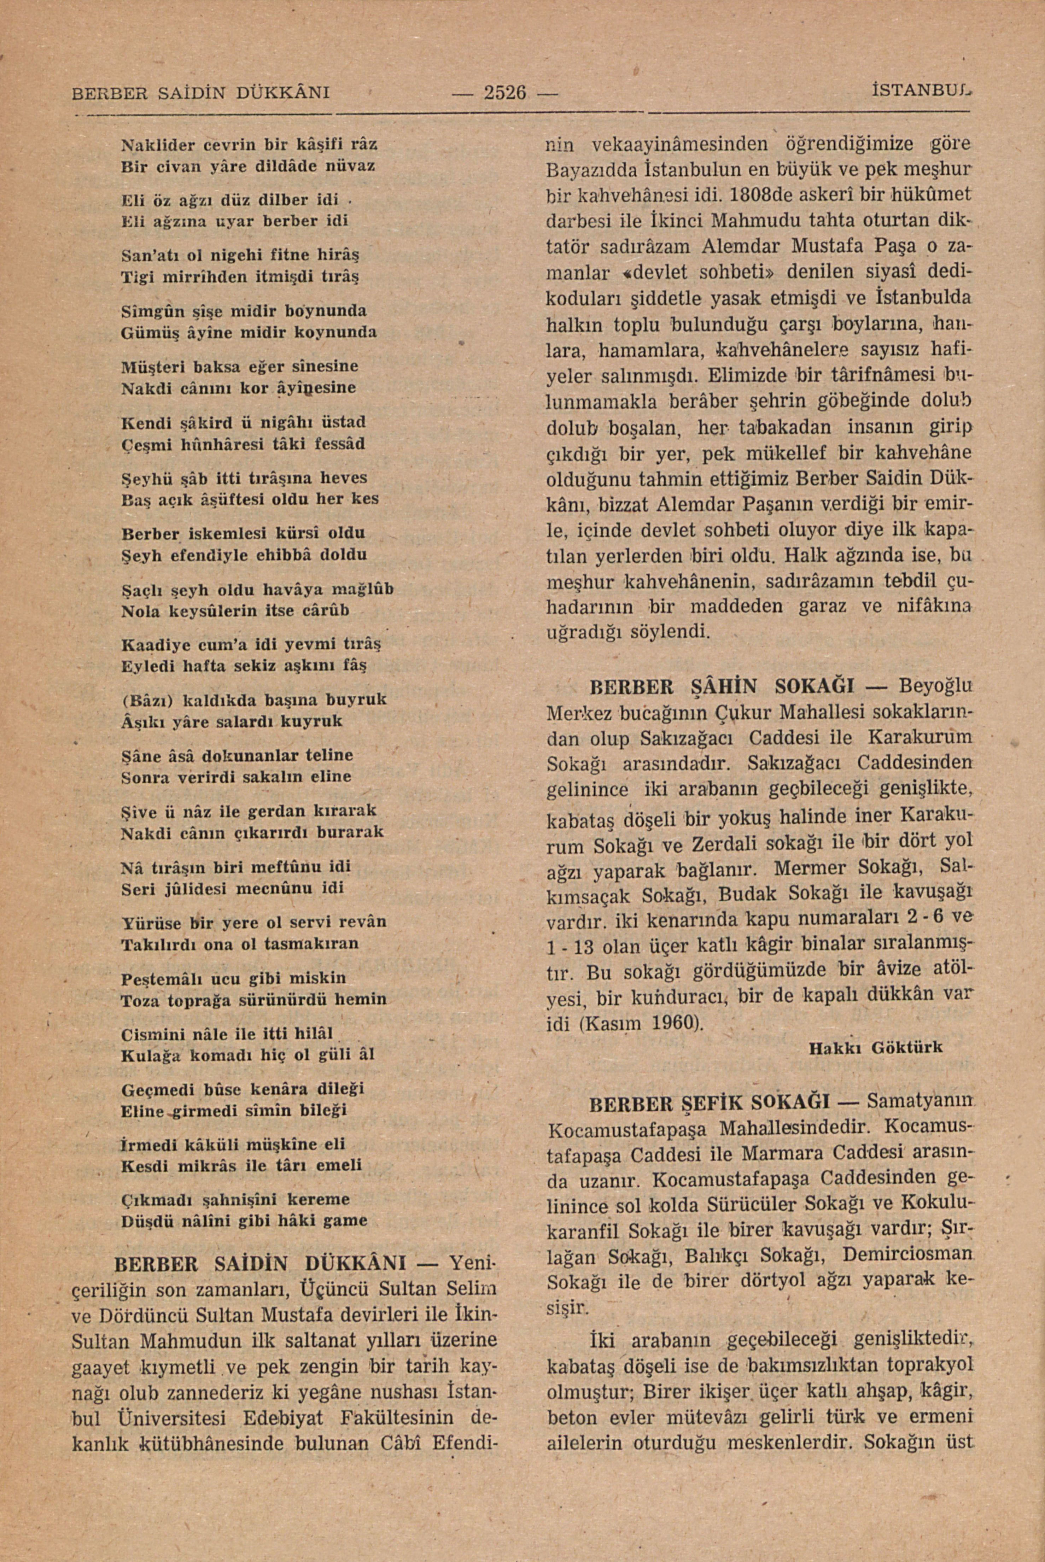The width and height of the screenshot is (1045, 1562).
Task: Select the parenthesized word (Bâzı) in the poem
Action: click(x=147, y=700)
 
